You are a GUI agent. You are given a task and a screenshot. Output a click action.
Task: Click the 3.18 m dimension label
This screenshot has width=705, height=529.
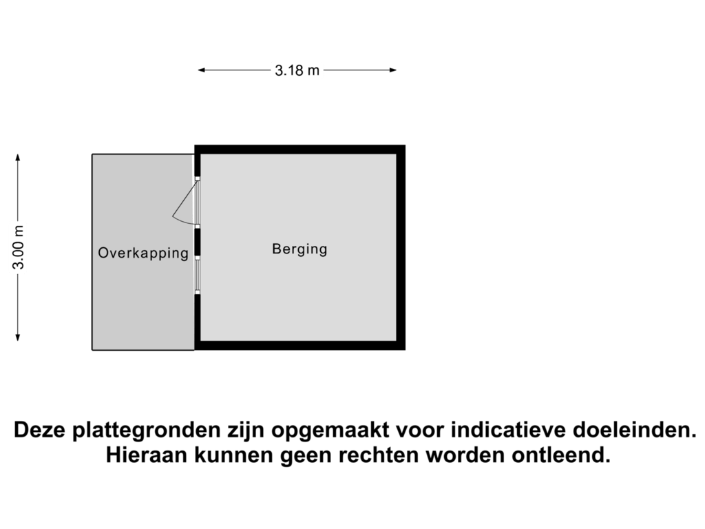click(x=297, y=70)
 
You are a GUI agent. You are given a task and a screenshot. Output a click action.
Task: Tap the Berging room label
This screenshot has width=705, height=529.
click(x=299, y=249)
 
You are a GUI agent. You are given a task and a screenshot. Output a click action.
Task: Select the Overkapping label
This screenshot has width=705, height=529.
click(x=143, y=253)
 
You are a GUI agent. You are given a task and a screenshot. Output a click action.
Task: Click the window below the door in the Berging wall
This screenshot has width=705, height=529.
click(x=198, y=276)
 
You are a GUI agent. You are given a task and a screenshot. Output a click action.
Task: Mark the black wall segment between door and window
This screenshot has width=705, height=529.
click(x=198, y=241)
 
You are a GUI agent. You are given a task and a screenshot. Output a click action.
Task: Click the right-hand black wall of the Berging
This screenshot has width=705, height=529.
click(x=401, y=248)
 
